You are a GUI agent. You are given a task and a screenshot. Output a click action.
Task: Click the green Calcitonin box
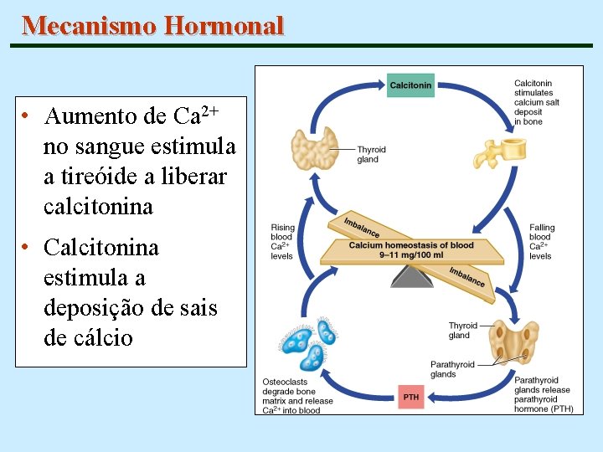pos(410,85)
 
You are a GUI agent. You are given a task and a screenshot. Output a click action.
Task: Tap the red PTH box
pos(411,397)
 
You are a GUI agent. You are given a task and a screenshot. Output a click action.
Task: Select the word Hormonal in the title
pos(224,26)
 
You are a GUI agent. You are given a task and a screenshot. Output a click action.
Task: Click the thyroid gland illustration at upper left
pos(314,148)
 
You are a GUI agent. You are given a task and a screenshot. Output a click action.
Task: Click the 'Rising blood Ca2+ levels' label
pos(282,242)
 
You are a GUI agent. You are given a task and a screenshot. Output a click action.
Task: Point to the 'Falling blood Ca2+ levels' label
pos(542,242)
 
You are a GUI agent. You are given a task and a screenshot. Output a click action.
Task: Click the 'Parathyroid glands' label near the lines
pos(452,369)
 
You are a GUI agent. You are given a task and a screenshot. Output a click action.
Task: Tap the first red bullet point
pos(28,116)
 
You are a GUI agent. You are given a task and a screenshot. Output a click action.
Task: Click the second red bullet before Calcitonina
pos(28,249)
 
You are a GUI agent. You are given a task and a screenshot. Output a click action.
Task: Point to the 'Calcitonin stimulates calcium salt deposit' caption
pos(536,102)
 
